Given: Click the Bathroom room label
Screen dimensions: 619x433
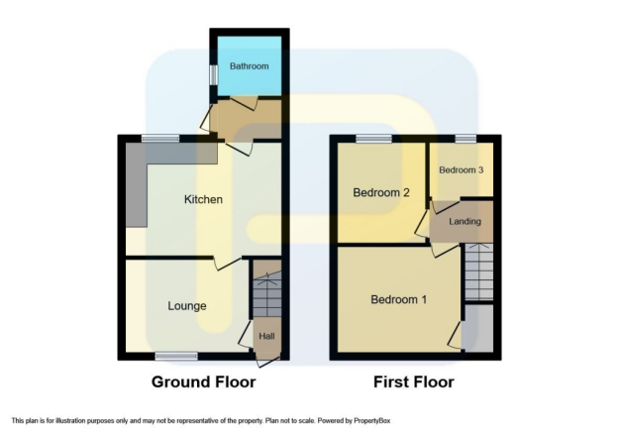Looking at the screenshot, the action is click(250, 66).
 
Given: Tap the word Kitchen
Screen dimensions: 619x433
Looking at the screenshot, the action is click(203, 199).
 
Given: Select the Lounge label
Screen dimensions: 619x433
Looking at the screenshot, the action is click(187, 306).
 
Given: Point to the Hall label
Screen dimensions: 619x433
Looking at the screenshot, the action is click(266, 336).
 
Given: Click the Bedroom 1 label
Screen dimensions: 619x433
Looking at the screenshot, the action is click(399, 299).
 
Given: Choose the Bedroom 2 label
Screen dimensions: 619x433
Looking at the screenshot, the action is click(381, 192).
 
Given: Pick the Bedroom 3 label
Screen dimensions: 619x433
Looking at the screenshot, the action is click(462, 169).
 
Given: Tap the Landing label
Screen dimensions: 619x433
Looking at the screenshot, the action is click(464, 221).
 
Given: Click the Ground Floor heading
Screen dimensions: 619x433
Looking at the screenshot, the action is click(204, 382).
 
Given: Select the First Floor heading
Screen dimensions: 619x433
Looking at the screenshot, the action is click(414, 382).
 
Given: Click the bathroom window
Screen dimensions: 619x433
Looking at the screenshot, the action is click(214, 74).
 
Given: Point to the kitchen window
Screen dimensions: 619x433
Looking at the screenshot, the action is click(160, 139).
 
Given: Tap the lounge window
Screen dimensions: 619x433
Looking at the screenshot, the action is click(176, 357).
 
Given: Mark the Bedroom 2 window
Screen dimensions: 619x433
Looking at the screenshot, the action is click(373, 139).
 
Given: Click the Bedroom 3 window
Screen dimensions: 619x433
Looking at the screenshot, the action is click(465, 139).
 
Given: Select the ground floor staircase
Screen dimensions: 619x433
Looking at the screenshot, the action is click(267, 294).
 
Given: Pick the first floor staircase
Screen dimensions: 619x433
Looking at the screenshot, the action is click(478, 271).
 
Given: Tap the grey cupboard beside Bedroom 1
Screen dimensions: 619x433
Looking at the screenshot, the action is click(478, 328).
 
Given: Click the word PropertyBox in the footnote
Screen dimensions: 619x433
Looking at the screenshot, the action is click(371, 421).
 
